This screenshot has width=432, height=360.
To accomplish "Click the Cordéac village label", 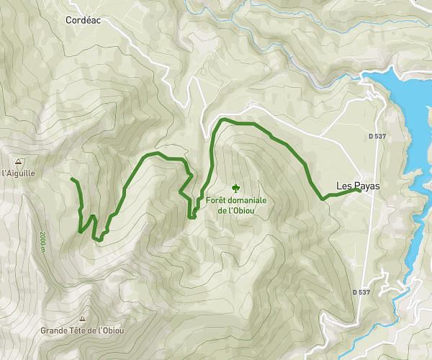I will click(x=82, y=21).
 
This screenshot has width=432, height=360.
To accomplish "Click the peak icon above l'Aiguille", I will click(x=17, y=161).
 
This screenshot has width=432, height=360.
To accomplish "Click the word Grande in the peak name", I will click(x=54, y=330).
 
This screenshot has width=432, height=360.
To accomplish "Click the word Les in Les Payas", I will click(x=344, y=186).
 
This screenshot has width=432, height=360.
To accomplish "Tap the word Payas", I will click(x=367, y=186).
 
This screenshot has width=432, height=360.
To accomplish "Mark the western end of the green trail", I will click(x=73, y=178).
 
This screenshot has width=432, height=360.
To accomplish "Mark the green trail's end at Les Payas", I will click(x=359, y=191).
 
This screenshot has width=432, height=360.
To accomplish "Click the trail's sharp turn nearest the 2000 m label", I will click(x=78, y=231).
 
